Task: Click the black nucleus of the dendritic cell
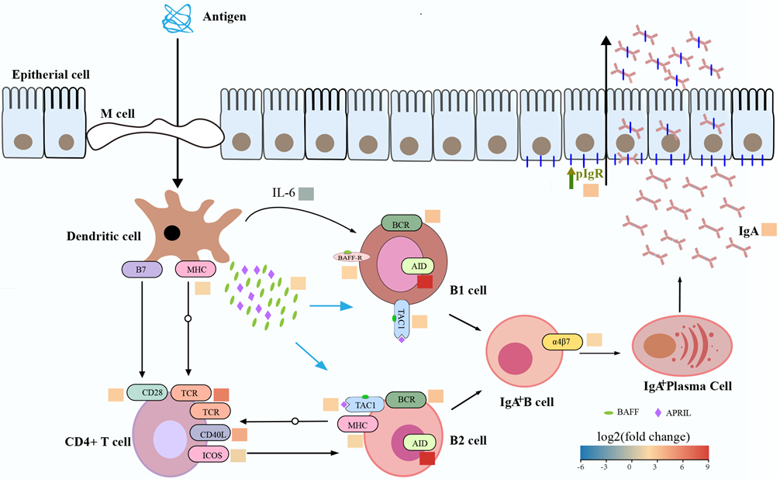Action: tap(171, 233)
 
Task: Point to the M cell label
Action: tap(118, 114)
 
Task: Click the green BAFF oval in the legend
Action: tap(609, 413)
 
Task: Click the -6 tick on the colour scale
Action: tap(582, 467)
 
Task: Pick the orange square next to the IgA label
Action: tap(769, 229)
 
